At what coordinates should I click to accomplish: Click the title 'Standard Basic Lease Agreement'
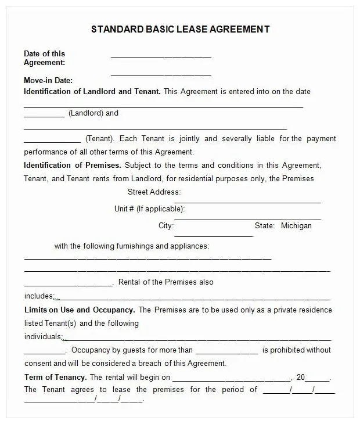coord(180,30)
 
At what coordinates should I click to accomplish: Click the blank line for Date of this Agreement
coord(161,57)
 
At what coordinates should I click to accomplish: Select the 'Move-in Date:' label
coord(48,81)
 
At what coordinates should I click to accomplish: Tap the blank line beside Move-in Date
coord(161,75)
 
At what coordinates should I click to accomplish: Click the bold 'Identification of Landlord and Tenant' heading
coord(92,91)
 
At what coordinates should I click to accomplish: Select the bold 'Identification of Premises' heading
coord(73,165)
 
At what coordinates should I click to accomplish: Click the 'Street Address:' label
coord(154,192)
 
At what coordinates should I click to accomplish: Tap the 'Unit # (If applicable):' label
coord(150,209)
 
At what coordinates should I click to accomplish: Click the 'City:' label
coord(166,225)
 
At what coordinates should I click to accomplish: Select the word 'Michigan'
coord(296,225)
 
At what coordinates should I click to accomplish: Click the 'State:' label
coord(264,225)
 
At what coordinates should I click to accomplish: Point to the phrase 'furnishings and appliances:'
coord(162,246)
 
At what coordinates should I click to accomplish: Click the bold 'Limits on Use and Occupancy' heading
coord(80,310)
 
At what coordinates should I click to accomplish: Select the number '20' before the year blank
coord(301,377)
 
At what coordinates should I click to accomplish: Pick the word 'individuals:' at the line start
coord(43,337)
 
